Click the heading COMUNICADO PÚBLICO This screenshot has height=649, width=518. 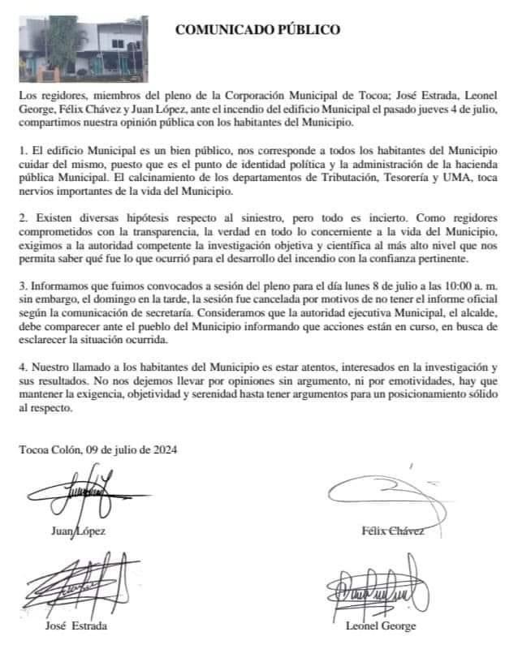pyautogui.click(x=258, y=31)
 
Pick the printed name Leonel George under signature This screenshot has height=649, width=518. pyautogui.click(x=381, y=626)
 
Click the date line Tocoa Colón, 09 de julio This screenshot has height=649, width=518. pyautogui.click(x=99, y=449)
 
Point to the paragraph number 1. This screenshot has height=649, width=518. pyautogui.click(x=23, y=151)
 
